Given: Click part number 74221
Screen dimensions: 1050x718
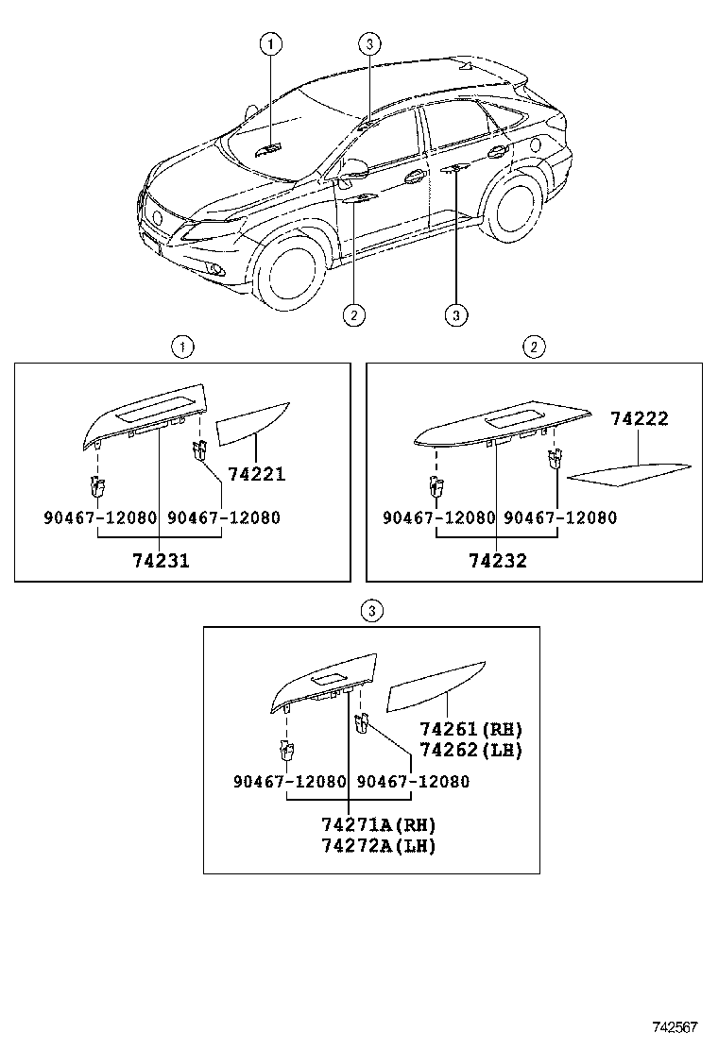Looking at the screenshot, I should tap(256, 475).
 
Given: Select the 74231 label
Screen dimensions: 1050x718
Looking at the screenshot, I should tap(160, 560).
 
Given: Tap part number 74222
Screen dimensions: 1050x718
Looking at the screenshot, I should tap(639, 419).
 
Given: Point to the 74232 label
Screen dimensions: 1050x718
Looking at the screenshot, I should tap(497, 560).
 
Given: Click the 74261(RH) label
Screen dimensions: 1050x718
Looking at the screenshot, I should tap(470, 730).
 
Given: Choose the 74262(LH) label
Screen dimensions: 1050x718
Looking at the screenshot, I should tap(470, 751).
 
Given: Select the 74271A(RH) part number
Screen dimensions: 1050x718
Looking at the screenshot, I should tap(378, 824).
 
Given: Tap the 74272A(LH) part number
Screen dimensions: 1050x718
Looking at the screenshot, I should tap(378, 845).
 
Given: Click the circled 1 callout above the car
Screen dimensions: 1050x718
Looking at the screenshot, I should tap(271, 42).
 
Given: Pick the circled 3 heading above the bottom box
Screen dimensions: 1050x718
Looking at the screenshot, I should tap(372, 611).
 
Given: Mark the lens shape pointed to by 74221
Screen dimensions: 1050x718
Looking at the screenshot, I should tap(252, 422).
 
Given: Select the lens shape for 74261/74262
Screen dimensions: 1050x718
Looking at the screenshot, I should tap(436, 686).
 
